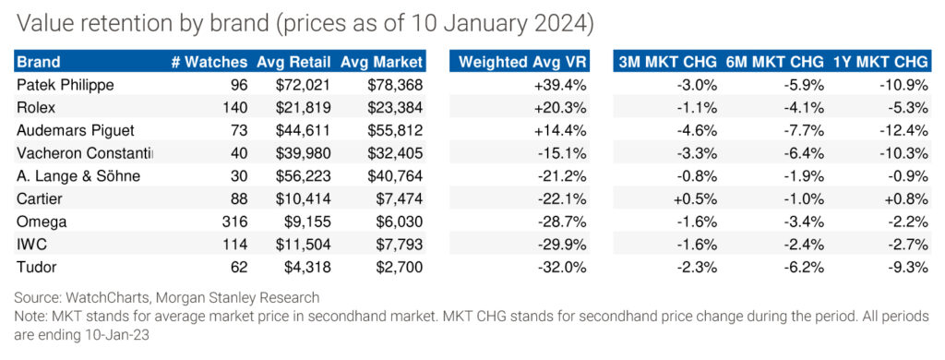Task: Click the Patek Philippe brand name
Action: click(x=66, y=86)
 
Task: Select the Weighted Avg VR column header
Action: click(x=522, y=62)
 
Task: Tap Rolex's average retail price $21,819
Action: click(x=303, y=108)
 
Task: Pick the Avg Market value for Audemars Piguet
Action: click(x=394, y=130)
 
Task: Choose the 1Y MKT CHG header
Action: click(x=880, y=62)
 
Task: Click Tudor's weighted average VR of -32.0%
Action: click(x=564, y=267)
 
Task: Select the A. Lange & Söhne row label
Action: click(x=78, y=176)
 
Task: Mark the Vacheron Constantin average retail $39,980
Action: click(x=303, y=153)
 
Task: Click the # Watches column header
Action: click(x=209, y=62)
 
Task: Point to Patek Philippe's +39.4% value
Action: click(x=560, y=86)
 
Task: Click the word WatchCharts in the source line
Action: click(x=95, y=297)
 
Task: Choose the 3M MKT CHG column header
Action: click(x=668, y=62)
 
